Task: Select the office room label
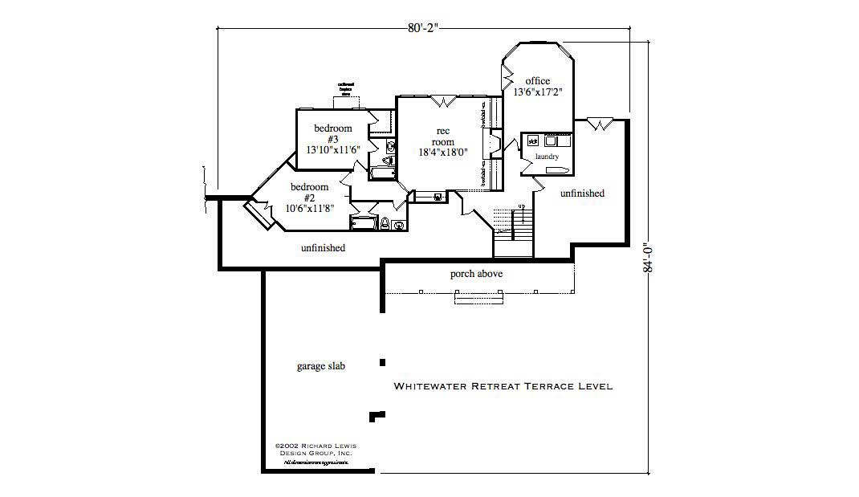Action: tap(537, 80)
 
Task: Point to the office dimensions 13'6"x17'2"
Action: tap(537, 92)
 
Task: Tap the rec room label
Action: tap(442, 136)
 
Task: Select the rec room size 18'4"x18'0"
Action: tap(442, 152)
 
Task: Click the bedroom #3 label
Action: tap(332, 133)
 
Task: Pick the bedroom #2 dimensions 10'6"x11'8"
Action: tap(310, 208)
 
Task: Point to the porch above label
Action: tap(476, 274)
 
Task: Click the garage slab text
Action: tap(321, 366)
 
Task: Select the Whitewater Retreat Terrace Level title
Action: tap(503, 386)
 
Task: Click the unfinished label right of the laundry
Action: tap(582, 194)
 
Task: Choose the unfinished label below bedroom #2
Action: tap(323, 248)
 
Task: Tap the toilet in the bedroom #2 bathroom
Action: tap(385, 222)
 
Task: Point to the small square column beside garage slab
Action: tap(382, 361)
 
